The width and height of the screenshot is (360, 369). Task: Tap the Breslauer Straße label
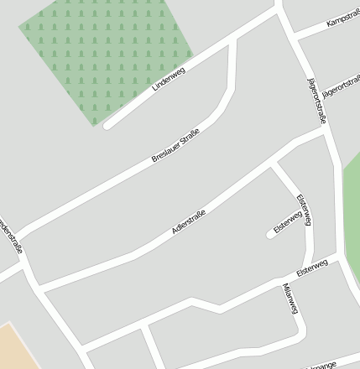tap(175, 145)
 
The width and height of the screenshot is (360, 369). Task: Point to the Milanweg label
tap(290, 299)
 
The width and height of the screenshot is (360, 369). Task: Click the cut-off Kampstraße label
tap(342, 16)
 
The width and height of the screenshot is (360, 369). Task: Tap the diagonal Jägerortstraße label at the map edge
tap(341, 88)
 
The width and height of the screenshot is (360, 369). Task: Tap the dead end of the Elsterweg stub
tap(270, 235)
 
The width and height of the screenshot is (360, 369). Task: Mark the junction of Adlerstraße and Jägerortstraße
tap(323, 129)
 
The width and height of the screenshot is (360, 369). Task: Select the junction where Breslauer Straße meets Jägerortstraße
tap(281, 10)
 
